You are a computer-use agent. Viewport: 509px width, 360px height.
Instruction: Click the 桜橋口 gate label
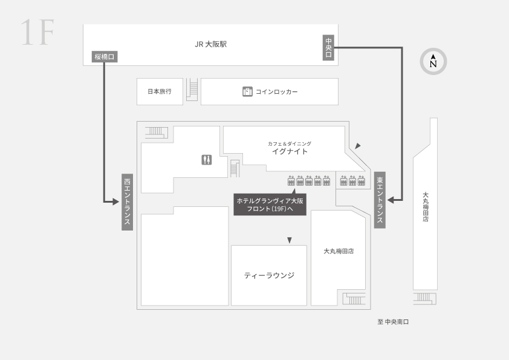[x=104, y=57]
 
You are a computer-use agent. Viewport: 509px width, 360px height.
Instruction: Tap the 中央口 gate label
[x=328, y=47]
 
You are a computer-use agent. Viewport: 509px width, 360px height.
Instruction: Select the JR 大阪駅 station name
[x=211, y=44]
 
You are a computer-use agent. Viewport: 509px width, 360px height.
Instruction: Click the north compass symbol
[x=433, y=61]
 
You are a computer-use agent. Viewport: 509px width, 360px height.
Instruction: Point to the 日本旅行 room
[x=160, y=91]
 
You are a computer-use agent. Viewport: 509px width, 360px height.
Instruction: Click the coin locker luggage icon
[x=247, y=91]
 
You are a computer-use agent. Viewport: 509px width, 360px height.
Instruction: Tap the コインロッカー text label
[x=277, y=92]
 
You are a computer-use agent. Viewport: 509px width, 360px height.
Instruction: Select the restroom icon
[x=207, y=160]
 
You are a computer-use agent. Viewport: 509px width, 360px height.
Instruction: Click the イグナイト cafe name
[x=290, y=151]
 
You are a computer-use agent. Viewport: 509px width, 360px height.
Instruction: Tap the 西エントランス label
[x=127, y=202]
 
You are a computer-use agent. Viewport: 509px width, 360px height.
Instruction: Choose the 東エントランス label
[x=380, y=200]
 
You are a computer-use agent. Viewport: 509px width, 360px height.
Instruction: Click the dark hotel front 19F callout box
[x=270, y=205]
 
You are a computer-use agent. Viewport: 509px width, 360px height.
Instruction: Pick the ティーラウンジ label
[x=269, y=275]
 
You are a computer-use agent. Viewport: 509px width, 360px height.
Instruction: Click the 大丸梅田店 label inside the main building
[x=339, y=251]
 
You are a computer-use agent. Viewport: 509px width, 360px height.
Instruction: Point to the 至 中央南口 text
[x=393, y=322]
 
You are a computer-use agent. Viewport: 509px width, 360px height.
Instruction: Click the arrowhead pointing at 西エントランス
[x=116, y=202]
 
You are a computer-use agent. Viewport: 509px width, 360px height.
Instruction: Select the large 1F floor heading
[x=37, y=33]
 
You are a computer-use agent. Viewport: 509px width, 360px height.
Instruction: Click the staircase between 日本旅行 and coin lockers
[x=192, y=90]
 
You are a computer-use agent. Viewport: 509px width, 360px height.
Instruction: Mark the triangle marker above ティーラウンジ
[x=290, y=240]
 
